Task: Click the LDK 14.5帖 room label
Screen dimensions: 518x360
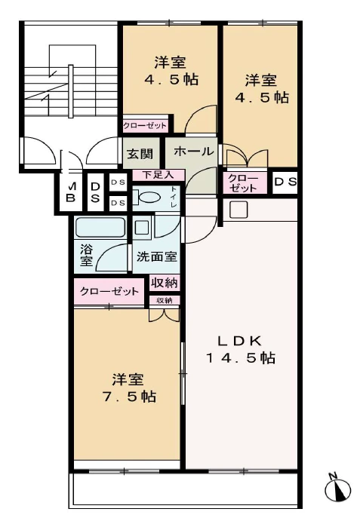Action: (x=241, y=348)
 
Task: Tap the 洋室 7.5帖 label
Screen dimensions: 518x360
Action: (x=127, y=387)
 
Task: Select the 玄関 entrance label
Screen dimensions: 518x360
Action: (x=140, y=154)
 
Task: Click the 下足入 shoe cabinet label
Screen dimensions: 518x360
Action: (x=147, y=175)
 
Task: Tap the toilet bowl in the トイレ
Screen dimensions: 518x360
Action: (x=149, y=198)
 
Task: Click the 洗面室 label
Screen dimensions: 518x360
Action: (x=156, y=256)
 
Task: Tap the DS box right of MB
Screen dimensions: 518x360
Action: (x=96, y=192)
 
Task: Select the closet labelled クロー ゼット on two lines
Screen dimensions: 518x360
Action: (x=243, y=182)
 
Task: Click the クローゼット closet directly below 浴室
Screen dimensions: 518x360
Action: (x=109, y=291)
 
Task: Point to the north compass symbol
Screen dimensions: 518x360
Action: (x=337, y=489)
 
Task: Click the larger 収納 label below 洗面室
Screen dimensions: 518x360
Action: (x=165, y=284)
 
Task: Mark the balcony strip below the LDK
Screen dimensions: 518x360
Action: (x=185, y=490)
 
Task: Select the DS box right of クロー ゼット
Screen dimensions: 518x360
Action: (x=285, y=182)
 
